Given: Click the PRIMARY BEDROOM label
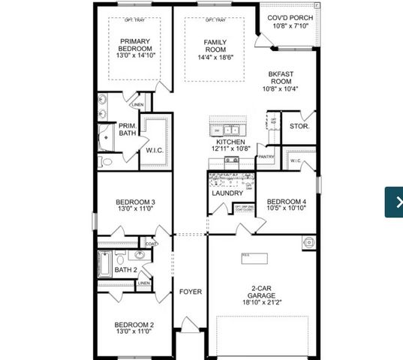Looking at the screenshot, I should pos(135,46).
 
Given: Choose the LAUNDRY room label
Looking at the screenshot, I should pos(227,193).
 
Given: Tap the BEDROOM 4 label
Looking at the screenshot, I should pos(287,201).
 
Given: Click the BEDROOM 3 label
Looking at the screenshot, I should pos(135,202).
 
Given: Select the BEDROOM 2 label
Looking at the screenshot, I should pos(134,325).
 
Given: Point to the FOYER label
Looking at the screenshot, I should pos(191,291).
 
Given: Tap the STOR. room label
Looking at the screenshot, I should pos(299,127).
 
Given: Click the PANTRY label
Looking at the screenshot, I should pos(266,157).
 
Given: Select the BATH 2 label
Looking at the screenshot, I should pos(125,270).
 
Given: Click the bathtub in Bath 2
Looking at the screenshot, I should pos(105,265).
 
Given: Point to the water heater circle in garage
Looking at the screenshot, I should pos(308,242).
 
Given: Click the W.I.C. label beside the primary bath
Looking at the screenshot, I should pos(155,150).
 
